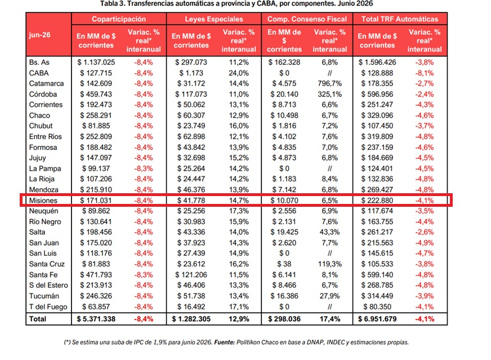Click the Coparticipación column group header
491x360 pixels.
pos(119,19)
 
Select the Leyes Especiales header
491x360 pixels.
pos(214,19)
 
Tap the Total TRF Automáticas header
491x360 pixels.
pos(400,19)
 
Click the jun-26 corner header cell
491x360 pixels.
pos(40,35)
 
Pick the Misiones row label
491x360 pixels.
pos(43,201)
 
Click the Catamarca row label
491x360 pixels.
pos(46,83)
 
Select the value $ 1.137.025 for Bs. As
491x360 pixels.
pos(96,63)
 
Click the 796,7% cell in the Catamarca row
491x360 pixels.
pos(330,83)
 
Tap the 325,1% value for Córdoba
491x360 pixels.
pos(330,94)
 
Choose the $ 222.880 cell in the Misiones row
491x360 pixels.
pos(377,201)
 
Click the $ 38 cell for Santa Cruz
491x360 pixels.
pos(284,264)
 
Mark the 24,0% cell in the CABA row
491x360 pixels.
pos(239,73)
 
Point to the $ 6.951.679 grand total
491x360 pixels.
pos(377,319)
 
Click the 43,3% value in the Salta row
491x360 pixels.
pos(330,232)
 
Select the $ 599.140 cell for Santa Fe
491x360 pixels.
pos(377,275)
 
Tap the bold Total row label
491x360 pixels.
pos(38,319)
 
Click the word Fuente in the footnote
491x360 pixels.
pos(224,343)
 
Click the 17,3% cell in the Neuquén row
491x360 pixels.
pos(239,211)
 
